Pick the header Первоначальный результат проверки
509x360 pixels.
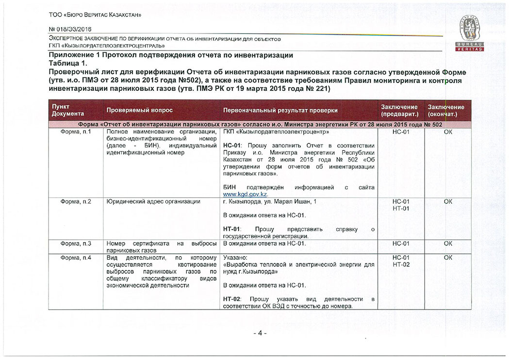(280, 111)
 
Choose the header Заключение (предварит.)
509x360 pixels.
(399, 111)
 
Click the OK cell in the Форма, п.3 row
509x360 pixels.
(447, 243)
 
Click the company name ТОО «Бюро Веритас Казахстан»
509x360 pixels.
(95, 15)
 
